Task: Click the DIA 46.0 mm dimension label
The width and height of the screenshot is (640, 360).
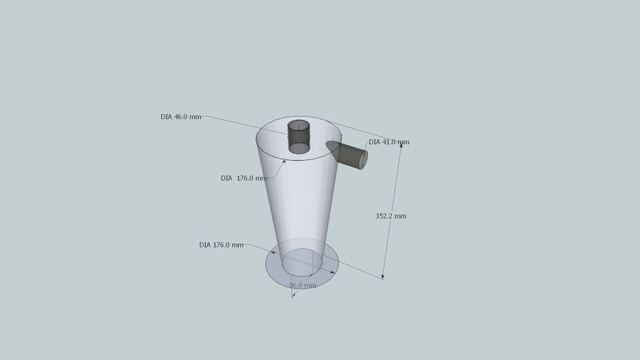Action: tap(181, 117)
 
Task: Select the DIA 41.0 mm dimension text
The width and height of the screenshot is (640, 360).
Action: tap(389, 142)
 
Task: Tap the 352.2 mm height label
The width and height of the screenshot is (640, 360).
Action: tap(391, 216)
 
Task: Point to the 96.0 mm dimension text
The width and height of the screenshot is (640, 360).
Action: tap(302, 285)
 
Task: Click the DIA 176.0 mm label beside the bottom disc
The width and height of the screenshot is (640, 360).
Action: tap(222, 245)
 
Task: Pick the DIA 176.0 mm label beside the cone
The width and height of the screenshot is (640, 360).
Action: tap(243, 178)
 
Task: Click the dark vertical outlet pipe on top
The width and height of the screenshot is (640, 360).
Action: tap(298, 136)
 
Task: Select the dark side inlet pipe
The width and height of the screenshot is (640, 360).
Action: tap(347, 154)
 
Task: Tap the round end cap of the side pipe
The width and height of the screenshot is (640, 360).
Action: tap(362, 160)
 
